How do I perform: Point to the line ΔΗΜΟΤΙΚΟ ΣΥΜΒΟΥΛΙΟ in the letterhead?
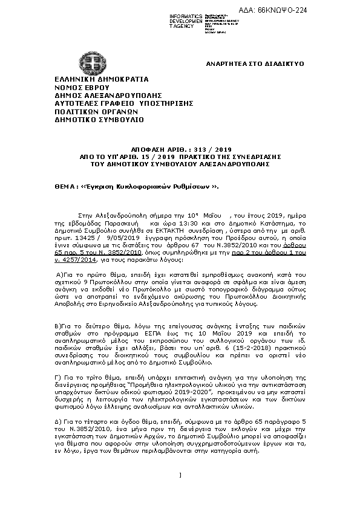91,119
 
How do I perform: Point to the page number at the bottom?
180,490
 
